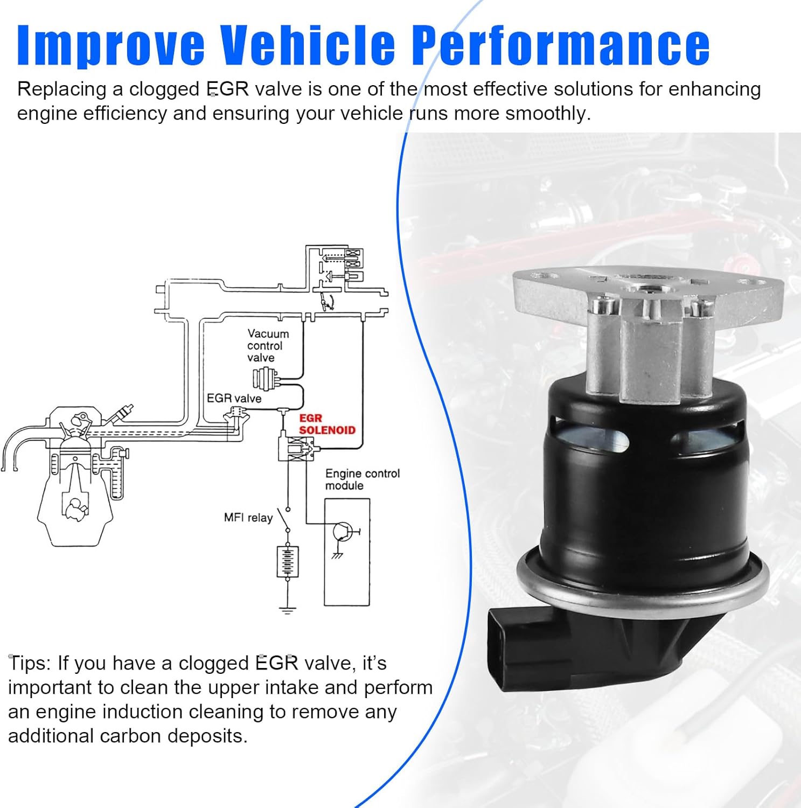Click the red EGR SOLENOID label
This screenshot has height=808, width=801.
(x=327, y=424)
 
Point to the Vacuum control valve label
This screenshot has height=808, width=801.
(x=268, y=345)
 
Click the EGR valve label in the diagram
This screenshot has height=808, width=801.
(x=234, y=398)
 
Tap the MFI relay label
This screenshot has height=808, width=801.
(x=248, y=518)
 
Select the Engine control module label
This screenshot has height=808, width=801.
(x=362, y=479)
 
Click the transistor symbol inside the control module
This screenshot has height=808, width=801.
(x=342, y=532)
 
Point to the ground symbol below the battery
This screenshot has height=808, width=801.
(x=288, y=610)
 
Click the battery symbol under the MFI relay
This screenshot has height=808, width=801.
(x=288, y=562)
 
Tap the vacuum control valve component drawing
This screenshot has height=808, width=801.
(x=265, y=378)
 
